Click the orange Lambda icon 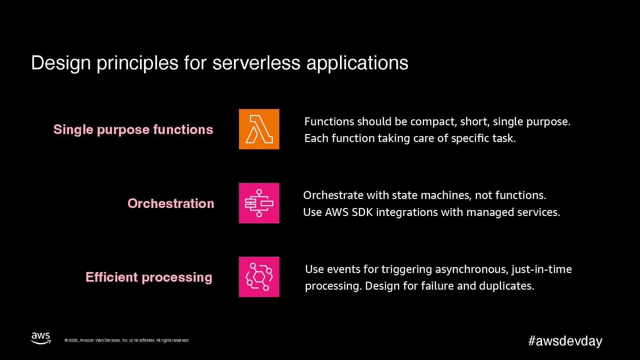coord(259,129)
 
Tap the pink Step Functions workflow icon coord(259,203)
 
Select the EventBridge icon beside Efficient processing coord(259,277)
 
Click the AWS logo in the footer coord(41,338)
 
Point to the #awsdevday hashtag coord(565,341)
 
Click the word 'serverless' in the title coord(256,63)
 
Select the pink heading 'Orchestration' coord(171,203)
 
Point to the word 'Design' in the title coord(61,63)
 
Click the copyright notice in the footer coord(127,340)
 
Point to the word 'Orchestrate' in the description coord(333,195)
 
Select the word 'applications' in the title coord(357,63)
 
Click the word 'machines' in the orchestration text coord(448,195)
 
